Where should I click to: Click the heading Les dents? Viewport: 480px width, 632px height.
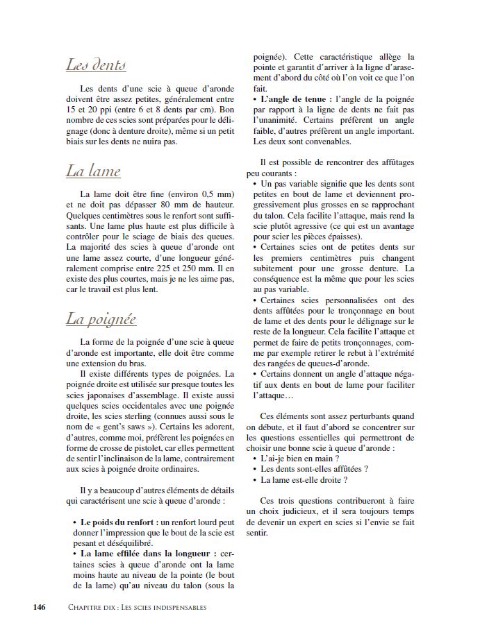tap(95, 65)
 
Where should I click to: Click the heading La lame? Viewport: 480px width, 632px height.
tap(93, 171)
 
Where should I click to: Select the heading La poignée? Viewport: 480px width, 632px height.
tap(101, 319)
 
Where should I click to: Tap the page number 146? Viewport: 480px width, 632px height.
tap(40, 607)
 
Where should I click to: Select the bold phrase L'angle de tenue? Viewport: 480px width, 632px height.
tap(292, 99)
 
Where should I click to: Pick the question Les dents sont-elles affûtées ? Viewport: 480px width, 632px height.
tap(309, 469)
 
